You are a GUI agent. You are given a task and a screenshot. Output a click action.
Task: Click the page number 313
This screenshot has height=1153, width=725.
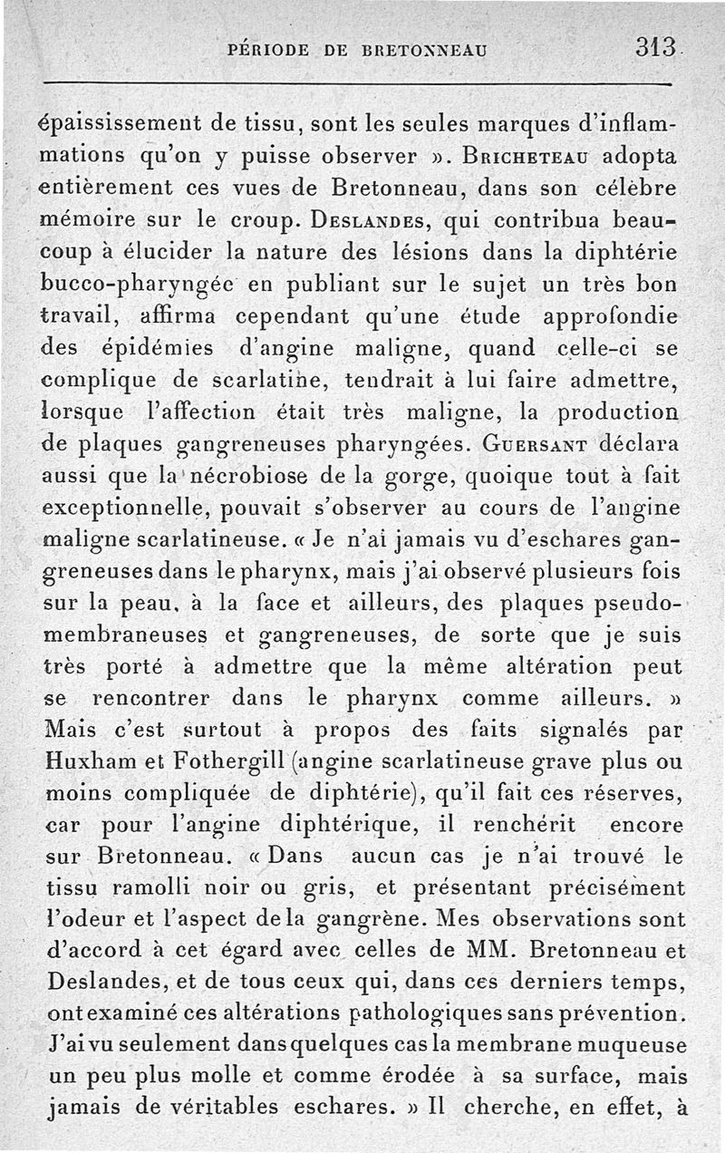point(658,46)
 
